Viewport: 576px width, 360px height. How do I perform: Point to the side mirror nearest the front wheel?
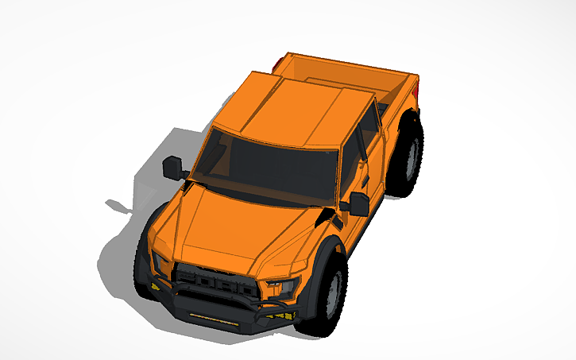359,203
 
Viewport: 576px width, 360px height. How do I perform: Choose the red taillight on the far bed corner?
276,62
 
